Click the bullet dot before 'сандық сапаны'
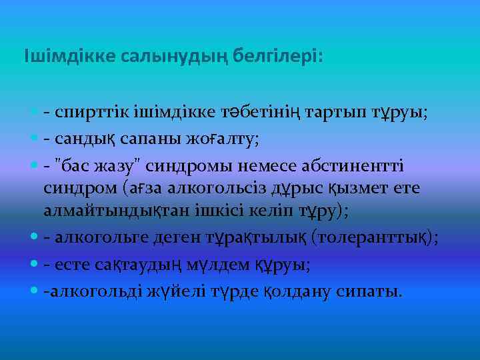(34, 139)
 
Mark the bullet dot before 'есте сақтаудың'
(34, 264)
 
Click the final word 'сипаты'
(373, 291)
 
